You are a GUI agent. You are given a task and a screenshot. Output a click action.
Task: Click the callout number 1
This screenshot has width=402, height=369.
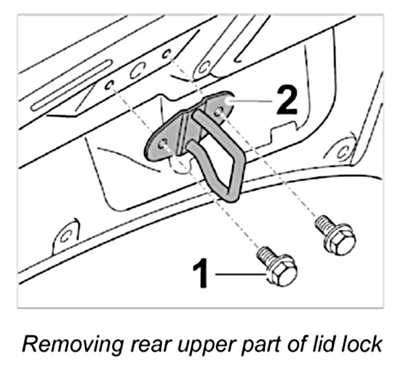coord(201,274)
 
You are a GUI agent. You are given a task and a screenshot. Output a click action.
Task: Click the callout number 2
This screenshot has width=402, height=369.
coord(286,101)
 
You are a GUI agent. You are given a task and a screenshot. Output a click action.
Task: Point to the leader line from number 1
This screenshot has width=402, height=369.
coord(239,275)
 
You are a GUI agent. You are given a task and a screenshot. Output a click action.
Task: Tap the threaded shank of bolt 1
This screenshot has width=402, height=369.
coord(264,255)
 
